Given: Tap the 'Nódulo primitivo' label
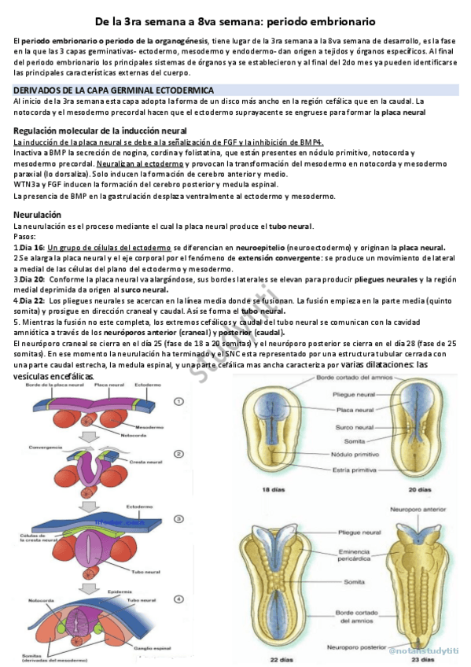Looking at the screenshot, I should [x=339, y=454].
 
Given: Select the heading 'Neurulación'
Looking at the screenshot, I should [x=40, y=215].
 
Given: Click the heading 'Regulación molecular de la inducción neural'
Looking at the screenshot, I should [x=100, y=130].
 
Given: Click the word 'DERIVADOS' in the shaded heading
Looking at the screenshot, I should [x=39, y=90].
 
